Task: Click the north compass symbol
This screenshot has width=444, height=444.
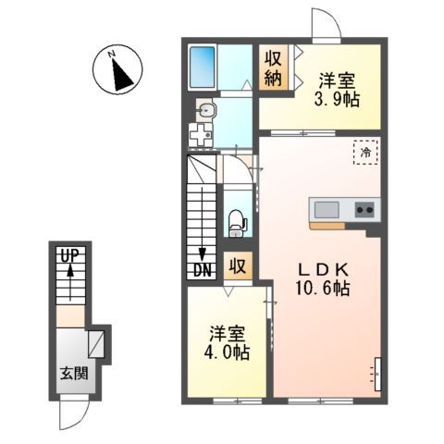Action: (x=117, y=72)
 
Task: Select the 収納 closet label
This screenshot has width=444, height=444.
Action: (x=274, y=68)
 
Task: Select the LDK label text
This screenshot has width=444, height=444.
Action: (x=322, y=269)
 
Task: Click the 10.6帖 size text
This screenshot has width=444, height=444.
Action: (x=322, y=290)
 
